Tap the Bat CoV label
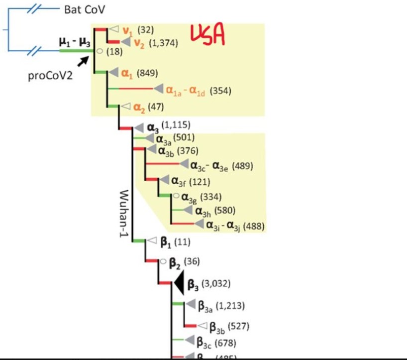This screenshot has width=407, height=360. (85, 9)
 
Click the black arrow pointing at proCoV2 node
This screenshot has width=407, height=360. (83, 61)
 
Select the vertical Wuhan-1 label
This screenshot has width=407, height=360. (124, 213)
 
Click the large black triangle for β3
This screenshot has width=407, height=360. (179, 284)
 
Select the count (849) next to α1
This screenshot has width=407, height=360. (147, 73)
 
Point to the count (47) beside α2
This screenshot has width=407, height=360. (155, 106)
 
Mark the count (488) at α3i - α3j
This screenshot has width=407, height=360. (254, 226)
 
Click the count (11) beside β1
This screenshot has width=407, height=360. (182, 242)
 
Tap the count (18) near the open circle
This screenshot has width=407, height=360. (114, 52)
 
